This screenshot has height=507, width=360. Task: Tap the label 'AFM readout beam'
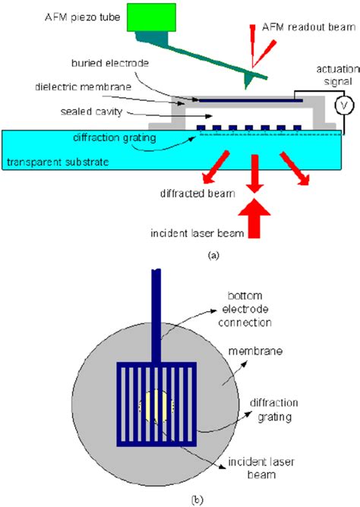tap(295, 27)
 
